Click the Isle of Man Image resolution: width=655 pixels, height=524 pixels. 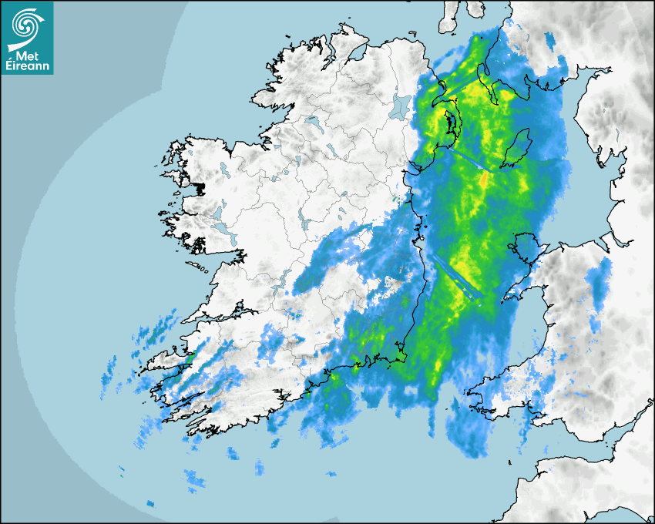click(517, 148)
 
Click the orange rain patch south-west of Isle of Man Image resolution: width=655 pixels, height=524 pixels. click(484, 180)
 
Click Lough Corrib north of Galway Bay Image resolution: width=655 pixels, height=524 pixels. click(220, 232)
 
